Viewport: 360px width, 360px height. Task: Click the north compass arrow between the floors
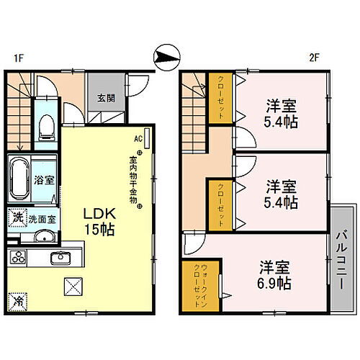coord(166,55)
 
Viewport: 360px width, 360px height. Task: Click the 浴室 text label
coord(40,180)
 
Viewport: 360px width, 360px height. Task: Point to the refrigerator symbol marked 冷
coord(17,300)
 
